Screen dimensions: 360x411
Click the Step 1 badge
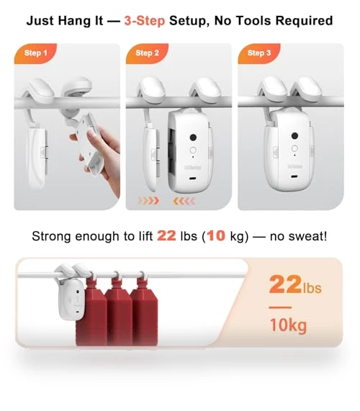click(35, 53)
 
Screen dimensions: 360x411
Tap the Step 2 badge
click(147, 53)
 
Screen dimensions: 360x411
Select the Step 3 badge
click(259, 53)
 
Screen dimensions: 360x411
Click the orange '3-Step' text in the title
click(145, 21)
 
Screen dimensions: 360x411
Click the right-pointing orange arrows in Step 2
click(148, 201)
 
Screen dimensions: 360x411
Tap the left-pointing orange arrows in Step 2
click(184, 201)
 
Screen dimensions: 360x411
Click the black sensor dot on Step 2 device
click(193, 137)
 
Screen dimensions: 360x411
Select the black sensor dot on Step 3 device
click(294, 135)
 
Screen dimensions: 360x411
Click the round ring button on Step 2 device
click(193, 150)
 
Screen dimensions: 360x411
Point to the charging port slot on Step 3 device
click(294, 176)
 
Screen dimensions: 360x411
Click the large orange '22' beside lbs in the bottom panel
click(285, 284)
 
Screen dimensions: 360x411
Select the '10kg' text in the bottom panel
click(288, 325)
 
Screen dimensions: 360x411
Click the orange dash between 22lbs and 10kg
click(280, 307)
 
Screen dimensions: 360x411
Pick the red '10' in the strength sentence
click(216, 235)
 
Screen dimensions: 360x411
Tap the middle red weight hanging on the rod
click(119, 312)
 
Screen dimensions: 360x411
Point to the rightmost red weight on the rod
click(145, 312)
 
